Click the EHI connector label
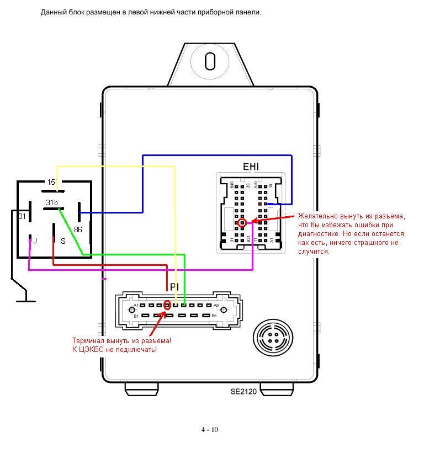[251, 167]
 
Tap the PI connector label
[174, 287]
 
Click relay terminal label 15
[51, 183]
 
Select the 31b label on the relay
[51, 202]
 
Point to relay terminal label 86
[78, 229]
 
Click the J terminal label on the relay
[35, 241]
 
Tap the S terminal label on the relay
[63, 241]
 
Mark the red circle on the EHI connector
[242, 223]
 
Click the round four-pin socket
[269, 336]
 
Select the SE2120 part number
[244, 392]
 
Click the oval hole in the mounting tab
[210, 61]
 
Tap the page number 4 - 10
[209, 430]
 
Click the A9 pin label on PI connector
[216, 306]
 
